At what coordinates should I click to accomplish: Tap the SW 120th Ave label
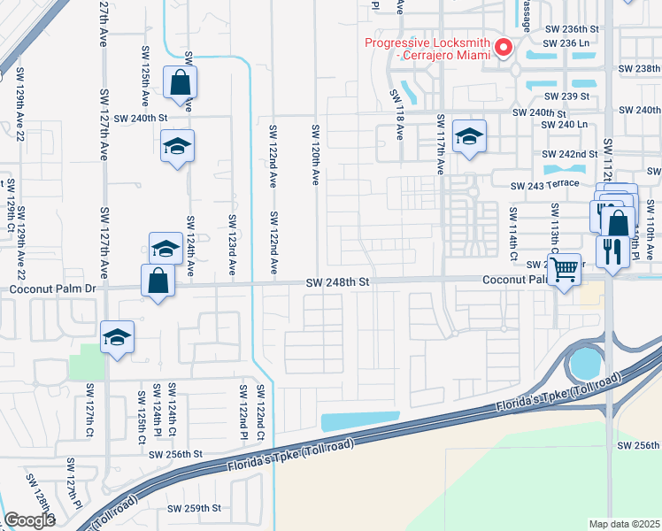(314, 155)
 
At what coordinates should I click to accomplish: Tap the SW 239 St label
(566, 96)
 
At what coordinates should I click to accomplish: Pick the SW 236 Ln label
(566, 42)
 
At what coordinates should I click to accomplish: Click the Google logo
(29, 520)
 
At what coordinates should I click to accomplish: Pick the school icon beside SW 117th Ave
(468, 135)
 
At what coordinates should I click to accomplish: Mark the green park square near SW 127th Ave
(86, 362)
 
